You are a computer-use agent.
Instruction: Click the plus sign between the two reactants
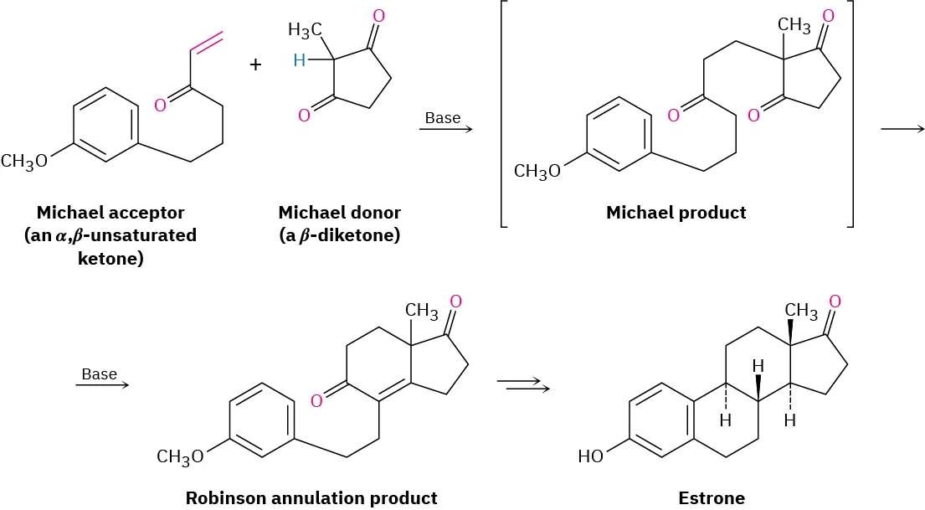(x=256, y=65)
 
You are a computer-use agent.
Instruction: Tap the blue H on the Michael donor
(x=300, y=59)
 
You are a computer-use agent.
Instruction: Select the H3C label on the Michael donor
(x=305, y=31)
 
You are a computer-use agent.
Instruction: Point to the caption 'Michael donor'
(x=339, y=213)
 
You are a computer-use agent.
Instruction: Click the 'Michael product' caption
(x=676, y=213)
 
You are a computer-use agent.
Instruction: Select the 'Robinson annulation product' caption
(x=311, y=498)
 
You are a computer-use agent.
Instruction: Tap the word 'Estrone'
(x=712, y=498)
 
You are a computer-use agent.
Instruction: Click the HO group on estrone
(x=591, y=456)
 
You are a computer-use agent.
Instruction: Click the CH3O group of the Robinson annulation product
(x=180, y=456)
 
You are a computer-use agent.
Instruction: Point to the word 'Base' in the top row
(x=443, y=118)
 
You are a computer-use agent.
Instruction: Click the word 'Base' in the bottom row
(x=100, y=373)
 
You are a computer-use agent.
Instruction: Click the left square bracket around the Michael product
(x=502, y=113)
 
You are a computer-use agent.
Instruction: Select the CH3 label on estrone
(x=800, y=312)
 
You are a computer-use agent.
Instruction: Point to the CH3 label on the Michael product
(x=794, y=26)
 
